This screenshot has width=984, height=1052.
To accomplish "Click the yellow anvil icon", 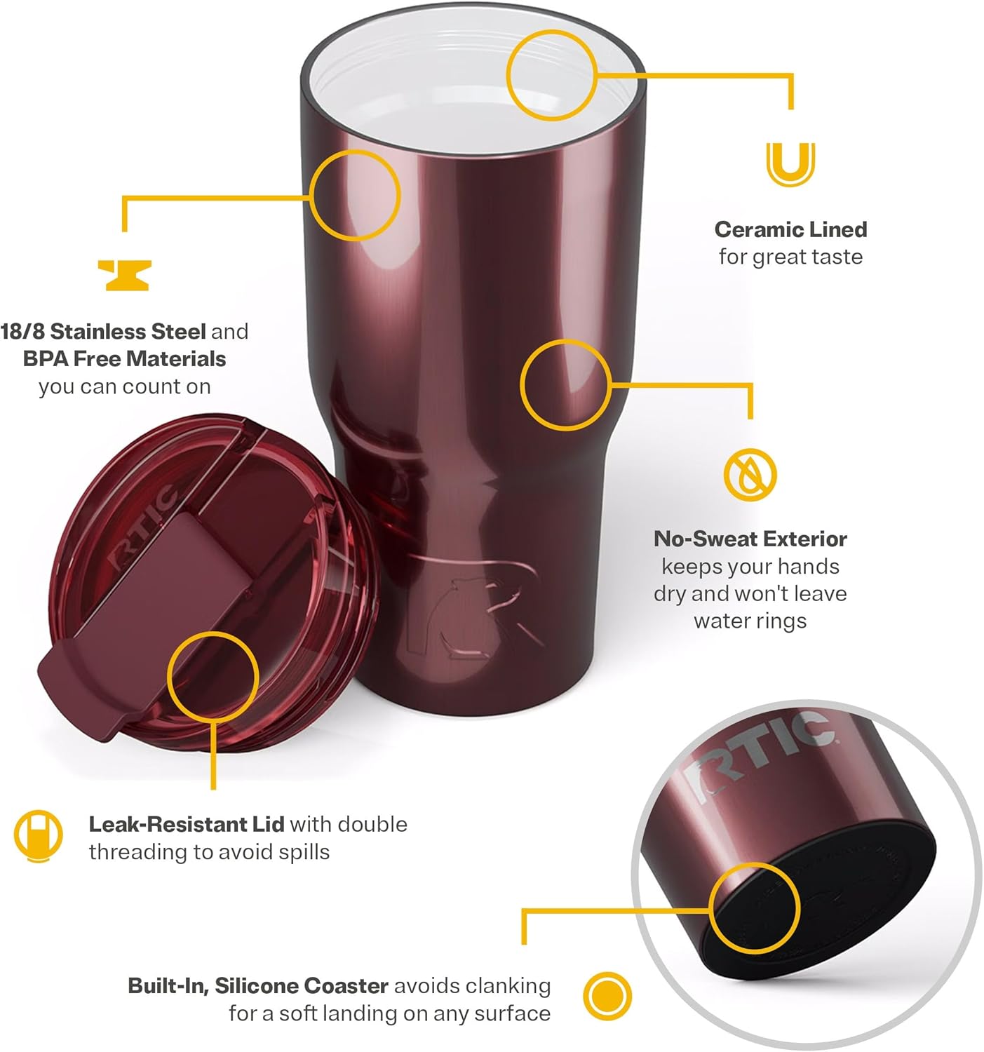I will tap(124, 275).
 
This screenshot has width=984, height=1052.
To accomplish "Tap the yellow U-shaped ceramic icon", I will tap(790, 163).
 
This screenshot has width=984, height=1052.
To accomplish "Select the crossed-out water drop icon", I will tap(750, 474).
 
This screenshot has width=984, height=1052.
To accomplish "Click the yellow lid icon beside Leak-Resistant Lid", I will tap(38, 836).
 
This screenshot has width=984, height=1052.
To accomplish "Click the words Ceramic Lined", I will tap(790, 229).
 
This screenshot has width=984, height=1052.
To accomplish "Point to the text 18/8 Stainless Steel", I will tap(103, 331).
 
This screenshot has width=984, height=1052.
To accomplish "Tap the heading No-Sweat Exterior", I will tap(750, 539).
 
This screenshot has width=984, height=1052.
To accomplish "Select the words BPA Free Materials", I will tap(124, 358).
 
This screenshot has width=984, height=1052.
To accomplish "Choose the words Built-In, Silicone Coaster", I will tap(257, 985).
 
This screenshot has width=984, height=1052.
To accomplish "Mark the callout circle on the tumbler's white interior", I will tap(551, 75).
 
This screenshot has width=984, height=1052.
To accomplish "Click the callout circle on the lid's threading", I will tap(213, 677).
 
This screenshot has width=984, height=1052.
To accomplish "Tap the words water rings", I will tap(750, 621).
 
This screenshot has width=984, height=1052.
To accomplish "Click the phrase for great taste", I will tap(790, 257).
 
